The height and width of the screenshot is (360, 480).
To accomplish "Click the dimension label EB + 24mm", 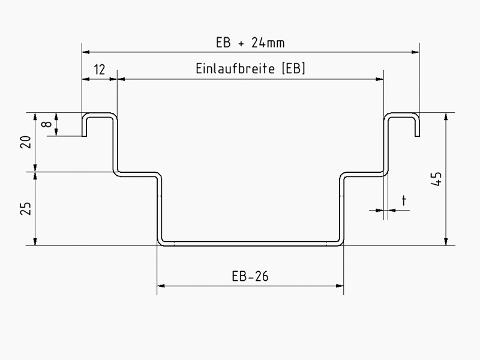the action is [x=250, y=43].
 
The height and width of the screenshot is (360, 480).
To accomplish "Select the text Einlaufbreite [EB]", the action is [x=250, y=68].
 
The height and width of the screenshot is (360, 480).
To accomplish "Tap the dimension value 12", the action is [x=100, y=70].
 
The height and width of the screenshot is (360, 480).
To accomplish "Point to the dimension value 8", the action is [x=47, y=124].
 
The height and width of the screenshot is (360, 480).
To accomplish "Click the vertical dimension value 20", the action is [x=26, y=142].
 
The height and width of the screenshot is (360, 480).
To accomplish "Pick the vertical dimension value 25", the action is [x=26, y=208].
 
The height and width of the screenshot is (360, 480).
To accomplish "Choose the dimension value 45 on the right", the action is [x=437, y=179].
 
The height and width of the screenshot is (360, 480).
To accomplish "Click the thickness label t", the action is [x=404, y=200].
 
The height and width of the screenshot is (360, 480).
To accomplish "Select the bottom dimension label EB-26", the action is [x=250, y=277].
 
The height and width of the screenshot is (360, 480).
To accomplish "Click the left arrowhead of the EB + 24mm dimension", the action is [x=86, y=52].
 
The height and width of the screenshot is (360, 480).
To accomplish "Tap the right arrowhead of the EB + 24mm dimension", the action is [x=415, y=52].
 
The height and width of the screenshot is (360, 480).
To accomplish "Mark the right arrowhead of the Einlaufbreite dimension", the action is [x=380, y=79].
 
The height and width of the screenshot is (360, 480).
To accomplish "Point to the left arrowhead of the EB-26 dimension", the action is [x=161, y=286].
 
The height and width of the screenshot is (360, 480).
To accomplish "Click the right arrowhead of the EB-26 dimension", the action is [x=340, y=286].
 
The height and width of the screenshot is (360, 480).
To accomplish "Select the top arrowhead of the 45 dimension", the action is [x=446, y=116].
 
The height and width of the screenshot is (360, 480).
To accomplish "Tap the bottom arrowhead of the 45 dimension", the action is [x=446, y=242].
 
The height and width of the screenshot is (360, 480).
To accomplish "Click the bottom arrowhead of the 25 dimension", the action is [x=35, y=242].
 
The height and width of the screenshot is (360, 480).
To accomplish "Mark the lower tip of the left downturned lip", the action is [x=84, y=136].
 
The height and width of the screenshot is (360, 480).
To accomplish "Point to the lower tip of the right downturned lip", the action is [x=417, y=136].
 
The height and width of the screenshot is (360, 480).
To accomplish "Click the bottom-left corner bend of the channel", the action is [x=160, y=243].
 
